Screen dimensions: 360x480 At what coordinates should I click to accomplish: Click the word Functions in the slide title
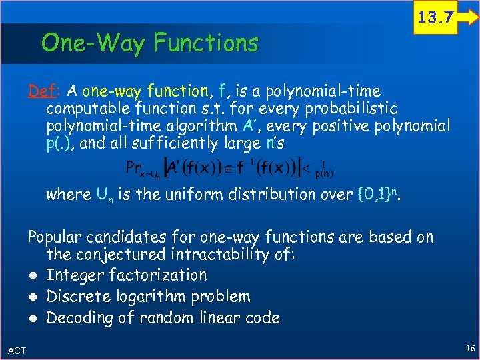click(205, 43)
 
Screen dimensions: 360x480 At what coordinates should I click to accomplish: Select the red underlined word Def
click(39, 91)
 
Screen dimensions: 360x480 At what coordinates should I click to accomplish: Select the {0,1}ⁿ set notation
click(379, 194)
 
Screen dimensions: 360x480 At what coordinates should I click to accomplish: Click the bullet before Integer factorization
click(33, 275)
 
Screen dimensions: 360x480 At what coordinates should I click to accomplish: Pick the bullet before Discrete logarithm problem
click(33, 297)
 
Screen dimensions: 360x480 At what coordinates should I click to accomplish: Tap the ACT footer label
click(17, 351)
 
